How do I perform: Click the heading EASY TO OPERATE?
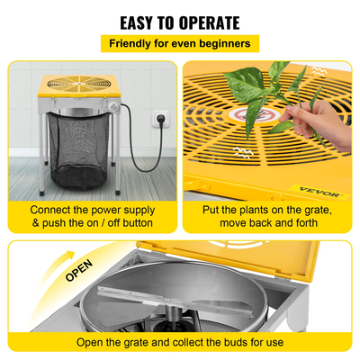tap(180, 22)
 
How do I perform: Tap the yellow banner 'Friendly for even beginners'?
tap(180, 43)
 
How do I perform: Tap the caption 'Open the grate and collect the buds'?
tap(180, 341)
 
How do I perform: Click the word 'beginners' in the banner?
tap(225, 43)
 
